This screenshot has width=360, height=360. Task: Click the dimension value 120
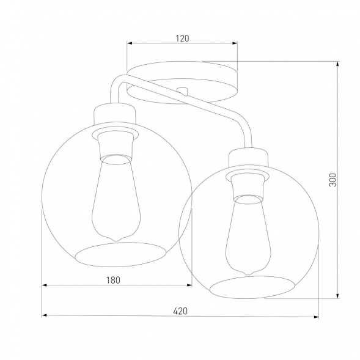[182, 38]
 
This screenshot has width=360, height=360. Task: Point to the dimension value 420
[180, 310]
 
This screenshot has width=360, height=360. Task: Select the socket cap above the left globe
[116, 113]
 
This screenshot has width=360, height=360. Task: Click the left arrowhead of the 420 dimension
[44, 316]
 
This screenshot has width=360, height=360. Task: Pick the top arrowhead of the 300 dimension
[338, 64]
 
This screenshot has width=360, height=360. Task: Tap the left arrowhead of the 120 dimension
[129, 43]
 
